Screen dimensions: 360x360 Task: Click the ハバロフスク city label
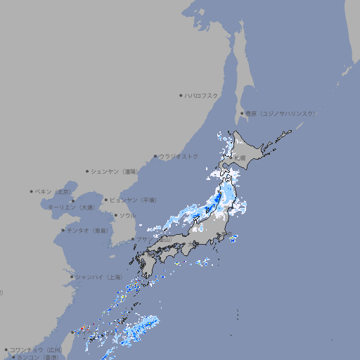pos(201,95)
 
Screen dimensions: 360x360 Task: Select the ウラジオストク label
pos(179,156)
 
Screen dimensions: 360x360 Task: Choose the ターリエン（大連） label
pos(71,207)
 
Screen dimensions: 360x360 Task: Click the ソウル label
pos(127,215)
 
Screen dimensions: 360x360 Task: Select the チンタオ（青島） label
pos(87,230)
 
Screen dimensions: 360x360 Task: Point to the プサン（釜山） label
pos(153,239)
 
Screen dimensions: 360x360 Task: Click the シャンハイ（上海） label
pos(98,277)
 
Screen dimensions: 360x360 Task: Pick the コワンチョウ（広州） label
pos(35,349)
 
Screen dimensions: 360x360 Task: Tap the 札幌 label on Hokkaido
pos(240,157)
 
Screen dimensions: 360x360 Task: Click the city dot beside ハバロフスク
pos(181,95)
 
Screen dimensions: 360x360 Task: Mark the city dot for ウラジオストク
pos(155,156)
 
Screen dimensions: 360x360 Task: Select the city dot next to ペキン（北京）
pos(32,191)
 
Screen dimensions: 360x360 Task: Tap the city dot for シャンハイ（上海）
pos(72,277)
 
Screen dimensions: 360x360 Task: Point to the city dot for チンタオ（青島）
pos(63,230)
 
